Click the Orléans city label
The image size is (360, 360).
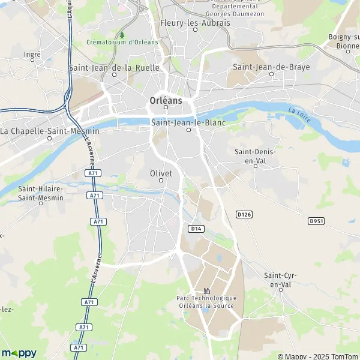166,100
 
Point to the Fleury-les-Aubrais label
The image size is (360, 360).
196,23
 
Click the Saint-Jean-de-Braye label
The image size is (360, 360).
271,67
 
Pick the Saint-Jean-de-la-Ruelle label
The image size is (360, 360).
114,68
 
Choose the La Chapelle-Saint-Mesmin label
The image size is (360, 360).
41,130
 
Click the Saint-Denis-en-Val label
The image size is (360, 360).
256,156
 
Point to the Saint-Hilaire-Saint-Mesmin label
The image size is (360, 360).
41,193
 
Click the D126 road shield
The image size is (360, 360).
243,214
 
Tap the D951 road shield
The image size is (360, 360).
316,221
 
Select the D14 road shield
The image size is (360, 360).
195,229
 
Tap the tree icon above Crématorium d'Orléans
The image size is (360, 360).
122,35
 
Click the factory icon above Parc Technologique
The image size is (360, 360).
206,290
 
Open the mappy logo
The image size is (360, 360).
19,352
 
